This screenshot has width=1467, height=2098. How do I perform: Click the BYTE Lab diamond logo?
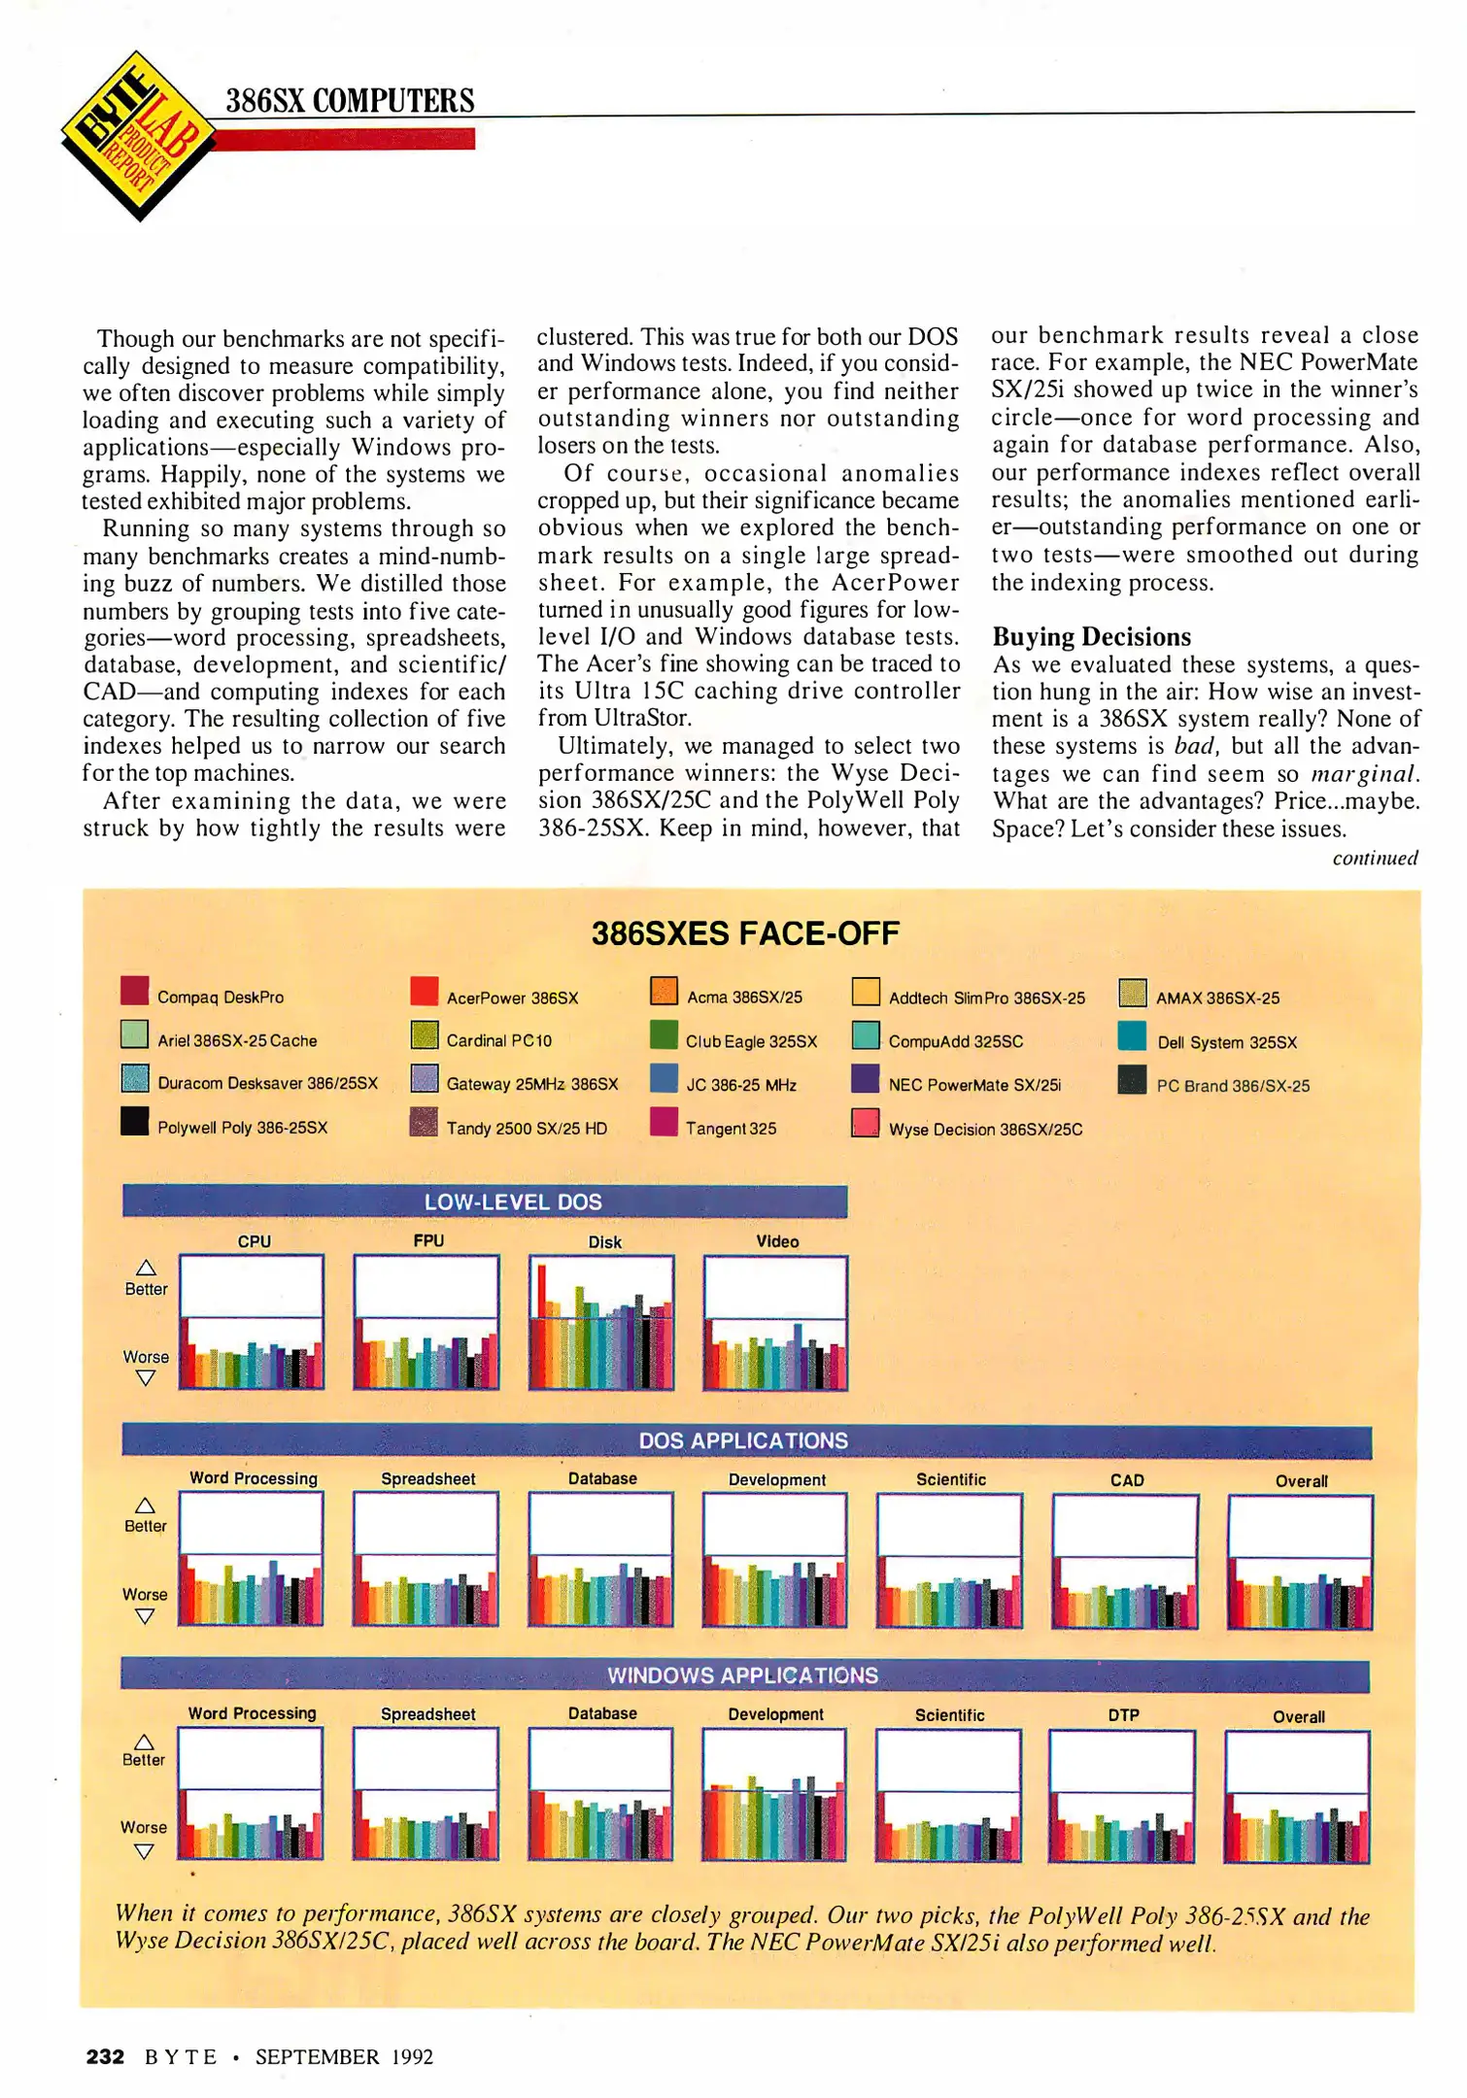click(137, 136)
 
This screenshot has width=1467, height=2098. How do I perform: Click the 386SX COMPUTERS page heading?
click(350, 101)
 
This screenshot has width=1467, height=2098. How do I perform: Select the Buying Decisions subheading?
click(1091, 637)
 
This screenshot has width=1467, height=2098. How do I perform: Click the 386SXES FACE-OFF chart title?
click(745, 934)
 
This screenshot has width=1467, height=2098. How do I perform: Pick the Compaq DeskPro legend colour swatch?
click(134, 992)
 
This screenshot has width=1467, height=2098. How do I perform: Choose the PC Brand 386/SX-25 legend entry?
click(1232, 1086)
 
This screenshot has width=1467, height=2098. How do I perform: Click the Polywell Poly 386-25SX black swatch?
click(134, 1122)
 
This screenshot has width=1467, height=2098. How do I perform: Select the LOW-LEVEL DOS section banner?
click(485, 1201)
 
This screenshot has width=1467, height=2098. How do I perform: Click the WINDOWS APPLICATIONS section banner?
click(744, 1675)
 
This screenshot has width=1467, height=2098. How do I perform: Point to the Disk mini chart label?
click(604, 1242)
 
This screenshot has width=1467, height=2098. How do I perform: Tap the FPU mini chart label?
click(428, 1240)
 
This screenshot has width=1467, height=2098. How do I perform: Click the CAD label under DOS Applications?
click(1127, 1480)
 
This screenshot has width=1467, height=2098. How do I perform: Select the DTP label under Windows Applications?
click(1123, 1715)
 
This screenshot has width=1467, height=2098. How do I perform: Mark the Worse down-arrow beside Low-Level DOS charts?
click(146, 1378)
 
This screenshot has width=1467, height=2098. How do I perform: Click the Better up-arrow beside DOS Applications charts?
click(145, 1506)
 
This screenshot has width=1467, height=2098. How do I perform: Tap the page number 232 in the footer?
click(105, 2056)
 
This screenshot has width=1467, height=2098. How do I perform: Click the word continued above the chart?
click(1374, 859)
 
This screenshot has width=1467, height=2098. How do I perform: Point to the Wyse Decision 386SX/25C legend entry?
click(984, 1130)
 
